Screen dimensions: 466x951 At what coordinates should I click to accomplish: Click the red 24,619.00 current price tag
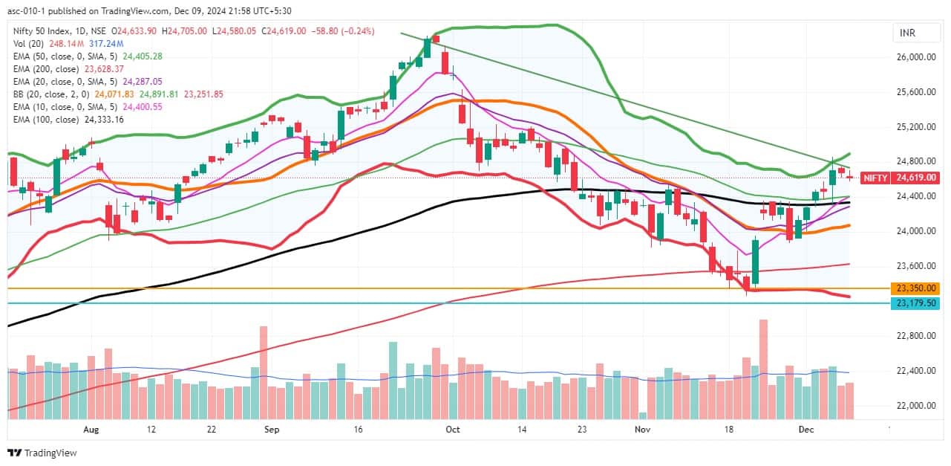[918, 178]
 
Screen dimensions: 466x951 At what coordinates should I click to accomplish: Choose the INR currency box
[906, 33]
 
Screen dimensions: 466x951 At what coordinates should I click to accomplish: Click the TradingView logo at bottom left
[42, 453]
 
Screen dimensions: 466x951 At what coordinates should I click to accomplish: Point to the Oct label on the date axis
[453, 430]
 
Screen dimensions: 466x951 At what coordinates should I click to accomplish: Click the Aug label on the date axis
[91, 430]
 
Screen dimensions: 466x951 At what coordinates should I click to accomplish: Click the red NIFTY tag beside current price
[875, 178]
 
